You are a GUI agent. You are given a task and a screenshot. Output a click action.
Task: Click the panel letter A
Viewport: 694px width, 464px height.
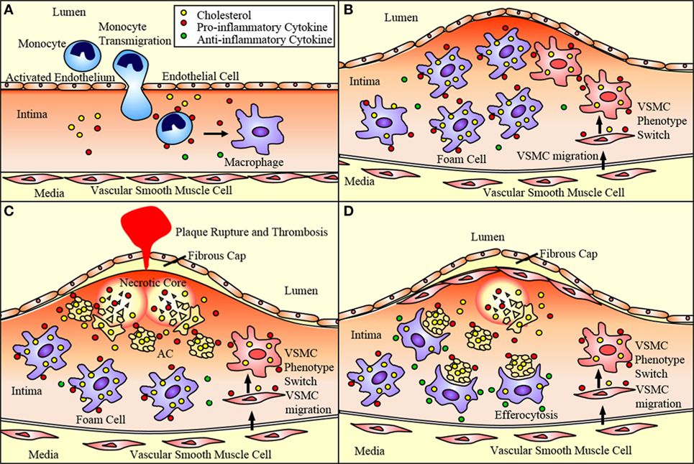[9, 9]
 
